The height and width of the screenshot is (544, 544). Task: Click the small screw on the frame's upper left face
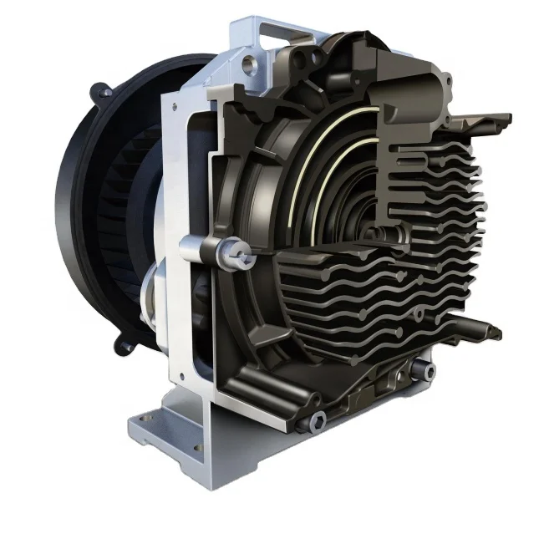173,107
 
